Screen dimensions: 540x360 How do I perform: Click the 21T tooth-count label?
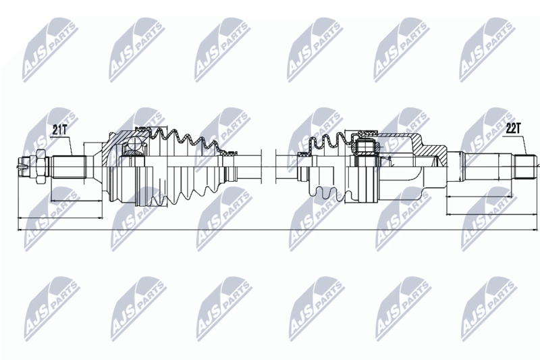[x=59, y=130]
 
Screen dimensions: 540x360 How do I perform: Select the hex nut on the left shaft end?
[x=39, y=168]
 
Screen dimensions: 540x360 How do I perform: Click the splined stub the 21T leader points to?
[x=69, y=168]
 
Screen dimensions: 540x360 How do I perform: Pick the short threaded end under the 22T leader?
[x=526, y=168]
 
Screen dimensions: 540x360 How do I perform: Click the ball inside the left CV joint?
[x=134, y=144]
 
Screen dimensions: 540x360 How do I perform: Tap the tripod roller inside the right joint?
[x=366, y=147]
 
